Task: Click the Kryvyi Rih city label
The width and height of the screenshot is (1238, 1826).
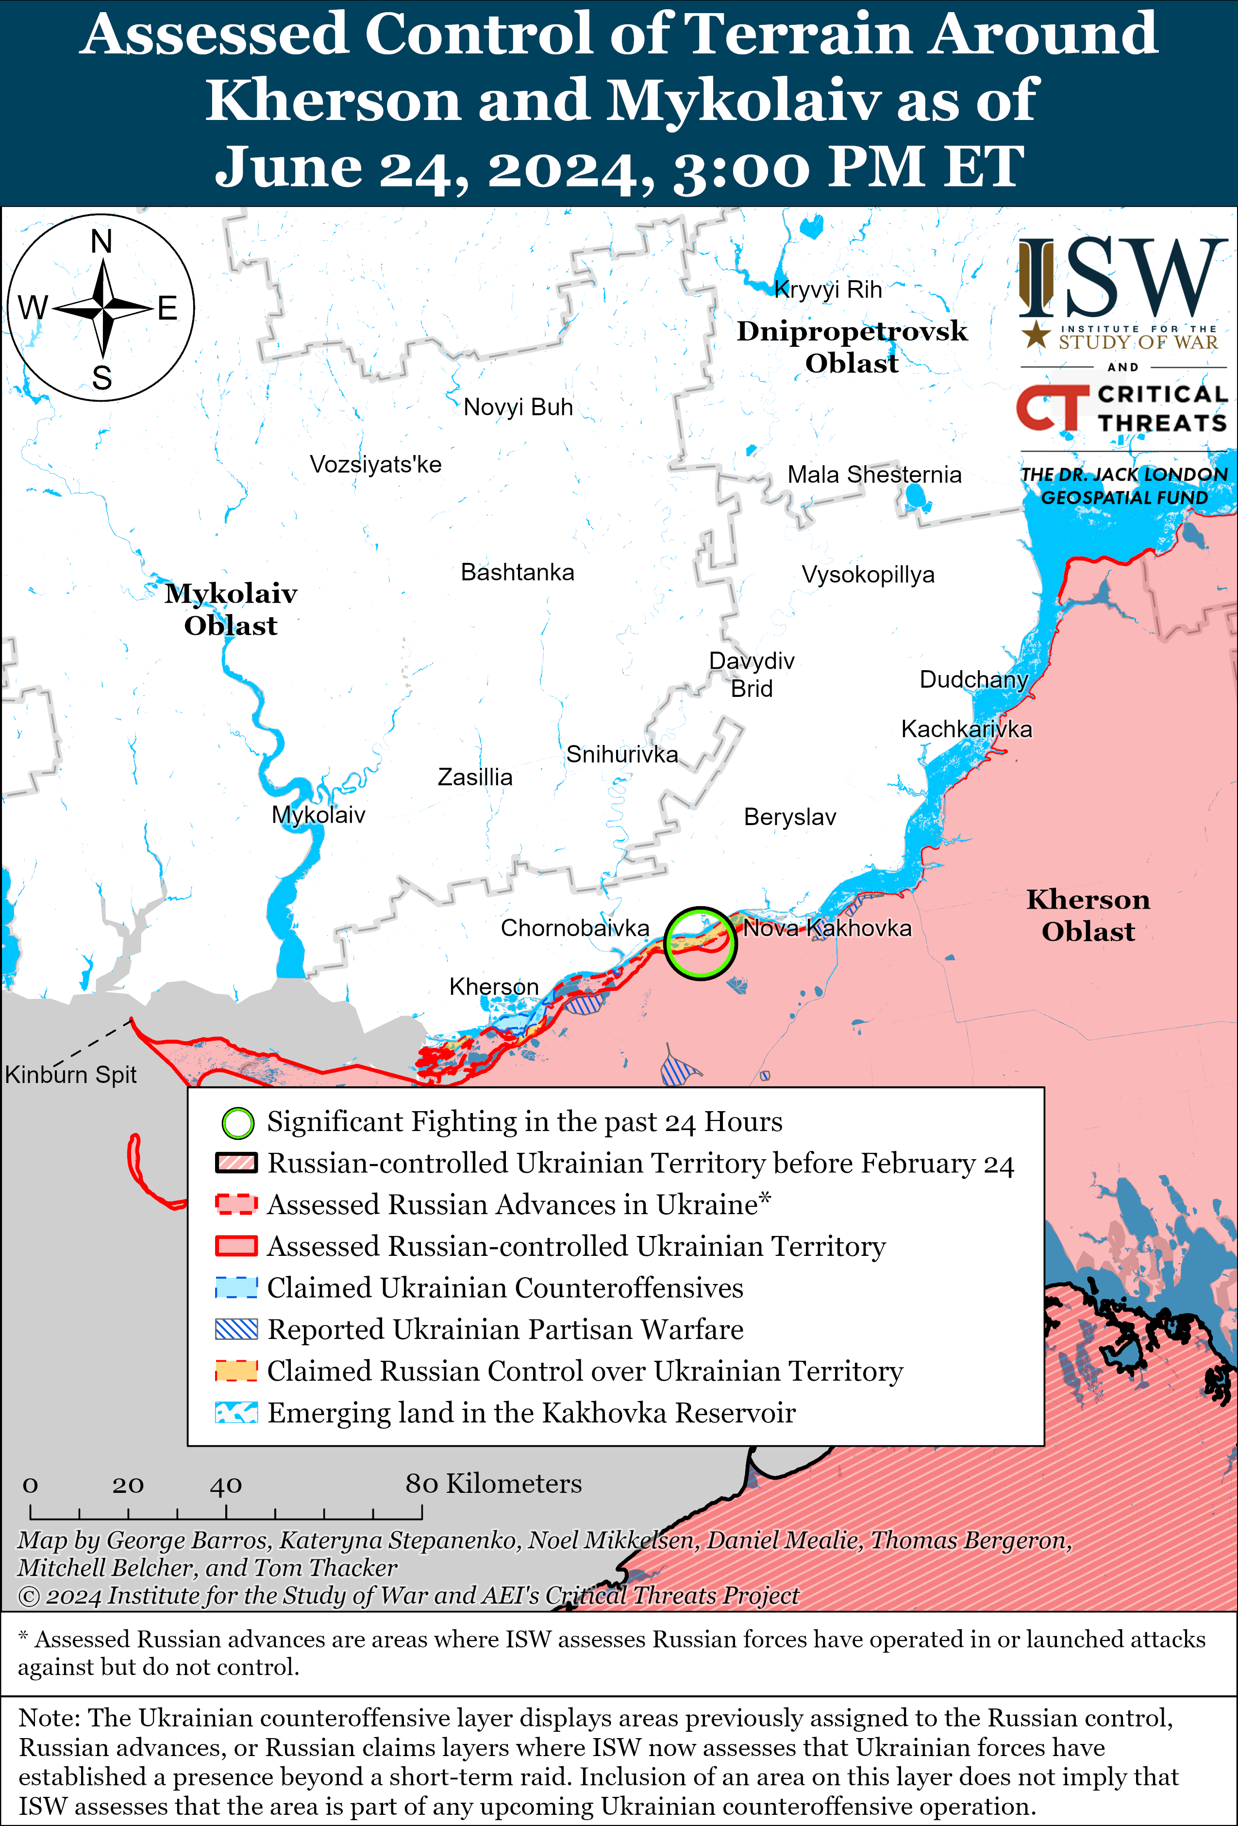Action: [828, 290]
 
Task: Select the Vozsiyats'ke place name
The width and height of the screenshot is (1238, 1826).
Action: [375, 464]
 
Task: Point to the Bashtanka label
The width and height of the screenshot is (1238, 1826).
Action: [517, 572]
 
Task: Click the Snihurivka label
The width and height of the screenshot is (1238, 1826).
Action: [621, 754]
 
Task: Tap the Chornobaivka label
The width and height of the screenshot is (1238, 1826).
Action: [575, 928]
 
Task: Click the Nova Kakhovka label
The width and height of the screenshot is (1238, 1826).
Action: [827, 928]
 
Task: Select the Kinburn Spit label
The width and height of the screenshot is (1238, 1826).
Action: [71, 1074]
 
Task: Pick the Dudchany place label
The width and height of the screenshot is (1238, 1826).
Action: [973, 679]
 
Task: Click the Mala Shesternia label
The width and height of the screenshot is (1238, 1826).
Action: [874, 474]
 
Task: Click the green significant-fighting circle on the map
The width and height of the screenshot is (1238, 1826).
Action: [700, 943]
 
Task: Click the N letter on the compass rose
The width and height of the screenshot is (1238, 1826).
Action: [101, 242]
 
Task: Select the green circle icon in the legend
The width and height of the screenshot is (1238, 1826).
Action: [237, 1123]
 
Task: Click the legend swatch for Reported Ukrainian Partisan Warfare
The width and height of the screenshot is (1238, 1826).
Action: [236, 1329]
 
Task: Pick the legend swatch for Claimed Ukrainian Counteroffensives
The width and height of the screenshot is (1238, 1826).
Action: [236, 1288]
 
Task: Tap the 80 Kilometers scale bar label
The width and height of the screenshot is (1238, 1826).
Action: [493, 1484]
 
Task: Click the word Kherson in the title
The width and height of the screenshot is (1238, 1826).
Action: [332, 101]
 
